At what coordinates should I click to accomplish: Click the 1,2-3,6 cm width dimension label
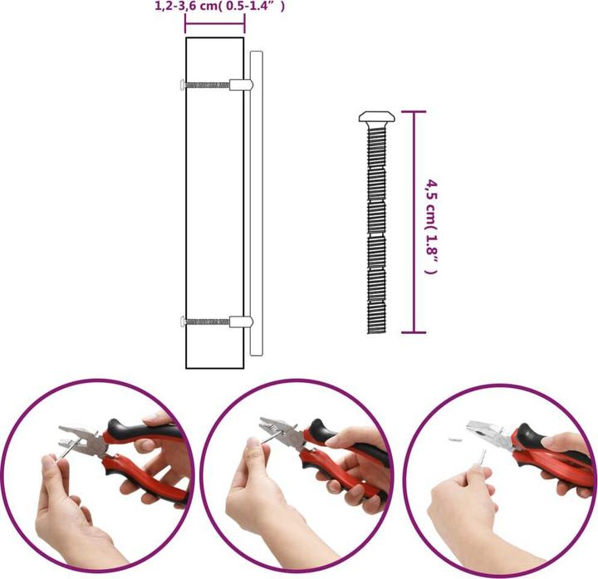(220, 7)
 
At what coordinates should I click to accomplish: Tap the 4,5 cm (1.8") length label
(431, 223)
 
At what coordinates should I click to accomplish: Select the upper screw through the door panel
(206, 84)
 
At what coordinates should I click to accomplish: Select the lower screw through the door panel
(206, 321)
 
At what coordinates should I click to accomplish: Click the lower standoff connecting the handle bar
(238, 321)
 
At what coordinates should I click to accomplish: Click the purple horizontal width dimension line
(214, 23)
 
